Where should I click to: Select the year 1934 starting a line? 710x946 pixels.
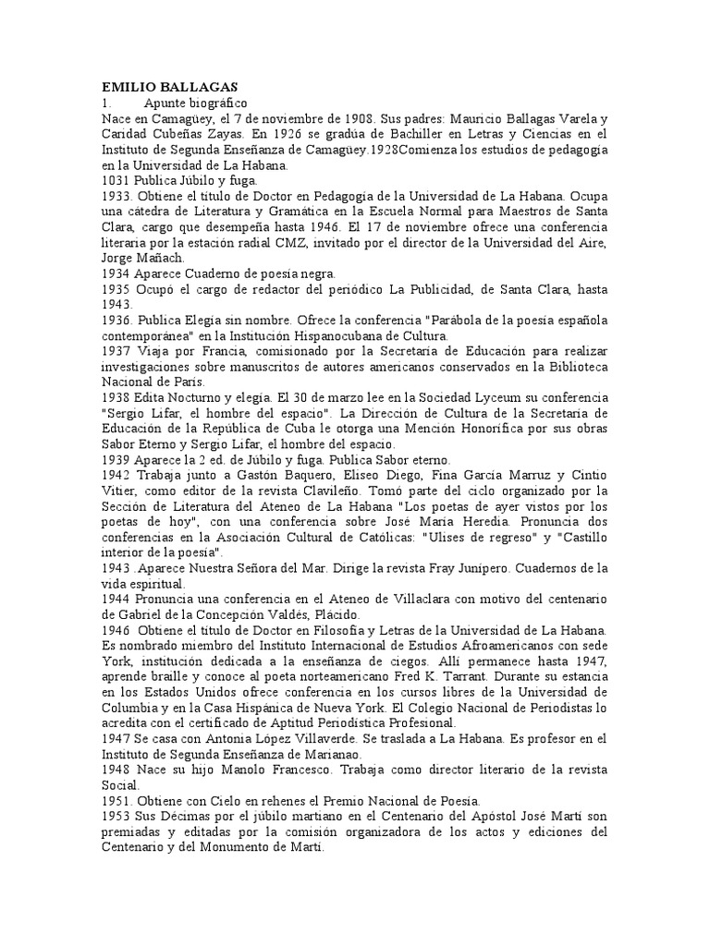click(x=116, y=274)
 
